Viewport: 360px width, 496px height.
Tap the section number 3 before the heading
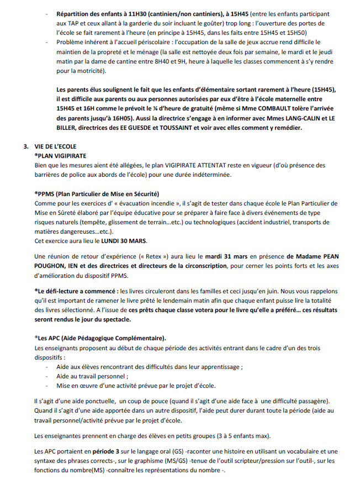25,147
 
